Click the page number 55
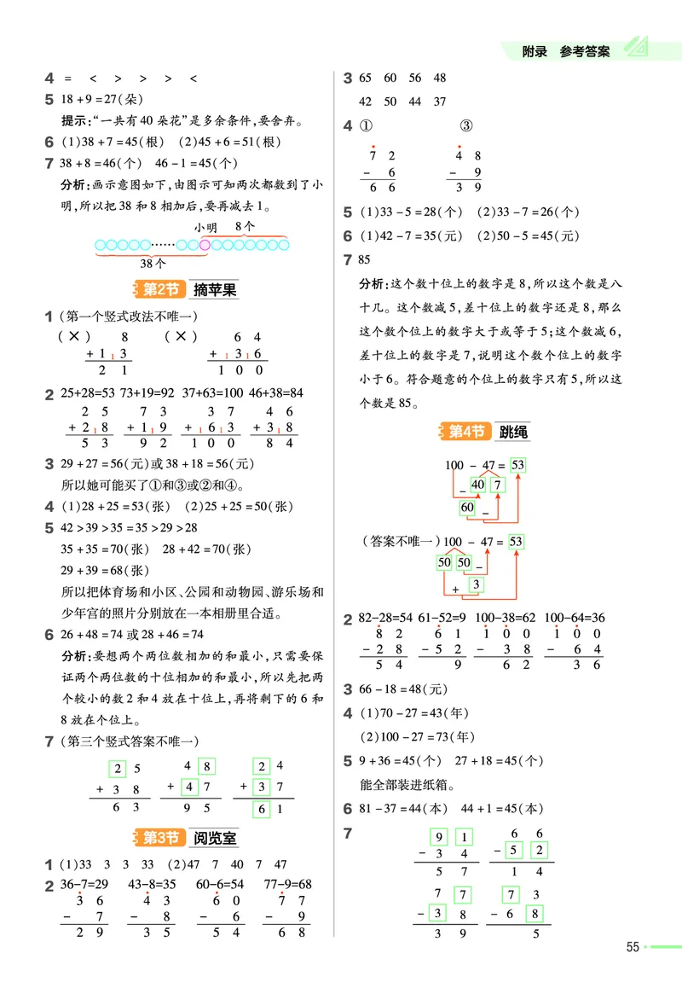click(633, 946)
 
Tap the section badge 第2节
click(159, 289)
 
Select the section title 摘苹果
click(215, 290)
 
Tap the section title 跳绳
click(514, 433)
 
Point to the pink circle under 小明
click(205, 246)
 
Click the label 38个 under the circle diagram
click(153, 264)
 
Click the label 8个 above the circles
click(244, 226)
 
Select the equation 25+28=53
click(82, 393)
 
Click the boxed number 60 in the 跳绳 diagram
click(468, 508)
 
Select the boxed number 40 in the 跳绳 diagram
click(477, 485)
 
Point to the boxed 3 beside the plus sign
click(477, 584)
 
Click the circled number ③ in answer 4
click(465, 126)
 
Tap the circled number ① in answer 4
click(367, 126)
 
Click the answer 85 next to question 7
click(366, 259)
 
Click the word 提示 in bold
click(74, 120)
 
